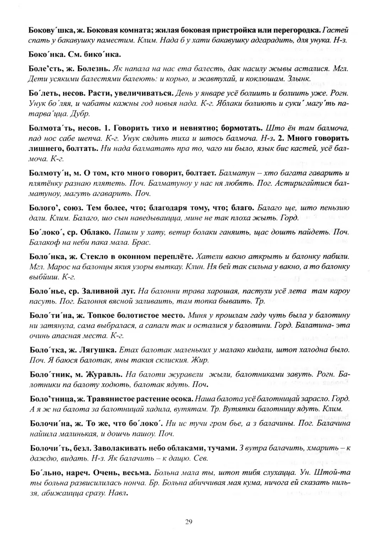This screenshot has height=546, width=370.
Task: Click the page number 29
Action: [188, 522]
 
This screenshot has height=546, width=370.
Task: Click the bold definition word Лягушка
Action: [98, 350]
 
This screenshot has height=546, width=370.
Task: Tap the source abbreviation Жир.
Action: [201, 360]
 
